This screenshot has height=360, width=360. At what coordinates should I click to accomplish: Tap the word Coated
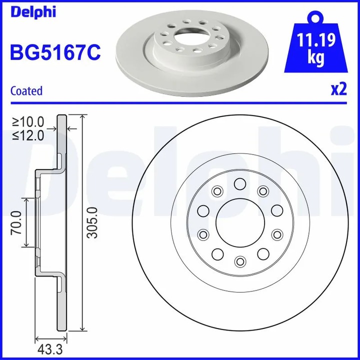26,91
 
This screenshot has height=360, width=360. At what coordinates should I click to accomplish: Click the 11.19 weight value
315,40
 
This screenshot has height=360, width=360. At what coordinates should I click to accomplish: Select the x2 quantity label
338,89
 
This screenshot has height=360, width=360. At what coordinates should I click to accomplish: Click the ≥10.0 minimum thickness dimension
29,121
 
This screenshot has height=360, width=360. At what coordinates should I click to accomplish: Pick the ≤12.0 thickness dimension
29,134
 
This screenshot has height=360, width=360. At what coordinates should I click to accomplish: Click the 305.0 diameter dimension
91,222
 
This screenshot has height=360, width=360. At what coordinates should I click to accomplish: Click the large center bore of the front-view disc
240,223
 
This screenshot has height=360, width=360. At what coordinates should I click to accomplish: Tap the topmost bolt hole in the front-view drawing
240,185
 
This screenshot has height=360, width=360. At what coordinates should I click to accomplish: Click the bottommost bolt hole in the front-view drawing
240,261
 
